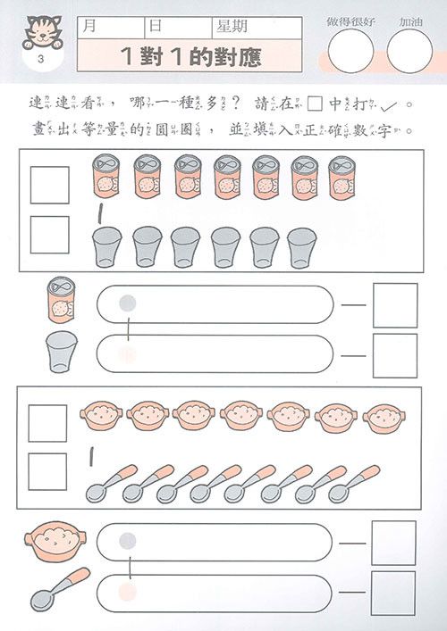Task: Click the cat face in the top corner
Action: coord(38,30)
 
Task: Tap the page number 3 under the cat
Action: coord(38,60)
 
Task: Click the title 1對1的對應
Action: coord(191,56)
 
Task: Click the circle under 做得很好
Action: coord(351,50)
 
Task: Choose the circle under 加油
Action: coord(409,50)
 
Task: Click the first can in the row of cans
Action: coord(107,176)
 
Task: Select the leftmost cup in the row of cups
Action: coord(107,245)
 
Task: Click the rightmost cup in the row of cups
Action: coord(302,245)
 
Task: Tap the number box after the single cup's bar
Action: coord(394,355)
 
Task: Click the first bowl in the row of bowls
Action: coord(101,414)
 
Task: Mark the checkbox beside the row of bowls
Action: coord(48,423)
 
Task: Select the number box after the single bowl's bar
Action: coord(394,543)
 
